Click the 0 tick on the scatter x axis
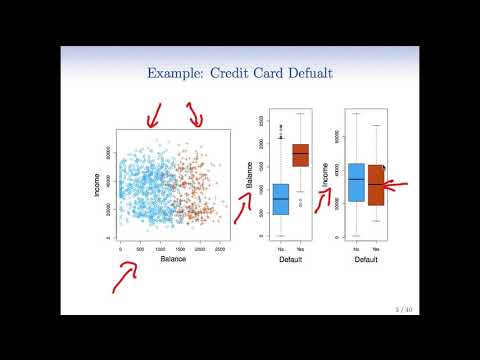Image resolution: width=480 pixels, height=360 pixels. [120, 247]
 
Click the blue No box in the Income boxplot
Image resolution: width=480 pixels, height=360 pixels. [356, 181]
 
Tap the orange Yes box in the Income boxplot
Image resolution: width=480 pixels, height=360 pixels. [376, 185]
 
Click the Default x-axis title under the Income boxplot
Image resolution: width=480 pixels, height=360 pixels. [366, 258]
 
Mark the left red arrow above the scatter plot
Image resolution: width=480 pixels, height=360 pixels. [153, 117]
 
